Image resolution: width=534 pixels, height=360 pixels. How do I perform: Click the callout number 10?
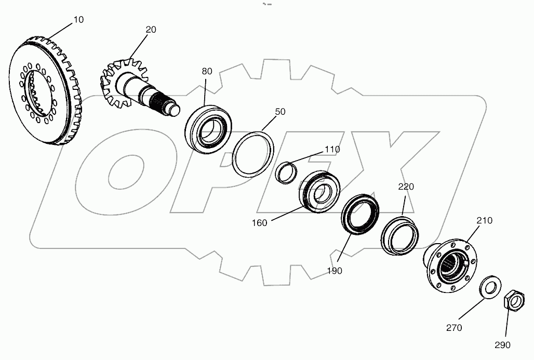point(78,19)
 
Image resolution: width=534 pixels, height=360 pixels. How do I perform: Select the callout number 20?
point(151,30)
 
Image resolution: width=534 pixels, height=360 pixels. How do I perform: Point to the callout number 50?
point(280,112)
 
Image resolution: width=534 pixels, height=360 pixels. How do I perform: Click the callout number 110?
point(332,149)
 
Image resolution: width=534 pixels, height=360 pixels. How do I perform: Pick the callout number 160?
point(259,223)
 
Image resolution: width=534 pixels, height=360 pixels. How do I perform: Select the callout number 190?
point(335,271)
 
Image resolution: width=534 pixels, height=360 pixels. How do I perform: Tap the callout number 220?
point(407,186)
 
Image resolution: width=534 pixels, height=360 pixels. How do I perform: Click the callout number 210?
point(484,220)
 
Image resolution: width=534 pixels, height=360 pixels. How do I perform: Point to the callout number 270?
point(453,328)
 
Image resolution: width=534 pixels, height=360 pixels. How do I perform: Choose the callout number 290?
point(502,344)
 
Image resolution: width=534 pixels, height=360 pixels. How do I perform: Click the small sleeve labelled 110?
point(284,172)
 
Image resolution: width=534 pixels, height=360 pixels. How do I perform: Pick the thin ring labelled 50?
point(253,154)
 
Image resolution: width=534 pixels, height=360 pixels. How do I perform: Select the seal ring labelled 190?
point(358,214)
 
